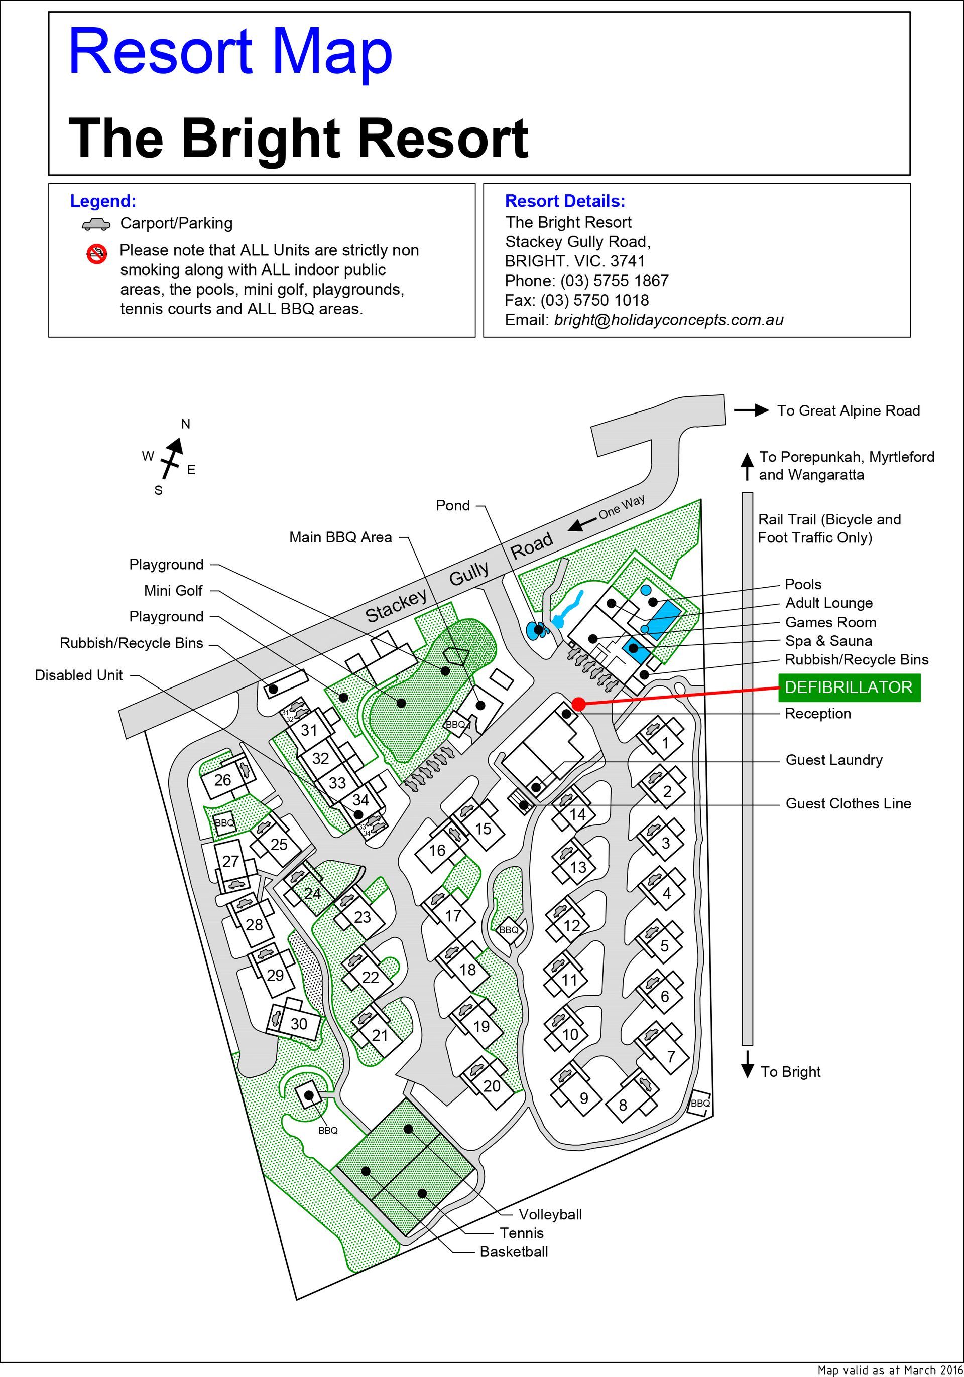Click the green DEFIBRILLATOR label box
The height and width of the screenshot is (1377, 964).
tap(849, 687)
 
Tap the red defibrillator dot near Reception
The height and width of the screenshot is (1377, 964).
tap(578, 704)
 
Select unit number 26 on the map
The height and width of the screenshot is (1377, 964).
tap(222, 780)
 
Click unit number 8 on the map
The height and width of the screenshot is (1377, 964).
tap(623, 1105)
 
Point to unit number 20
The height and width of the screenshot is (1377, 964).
tap(492, 1086)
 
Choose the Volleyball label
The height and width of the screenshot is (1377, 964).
tap(550, 1214)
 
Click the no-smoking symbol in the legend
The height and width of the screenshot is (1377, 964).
tap(96, 254)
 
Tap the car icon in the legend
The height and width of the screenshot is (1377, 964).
tap(96, 224)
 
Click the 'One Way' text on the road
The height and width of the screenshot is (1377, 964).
tap(622, 507)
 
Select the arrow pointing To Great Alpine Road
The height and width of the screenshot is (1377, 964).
tap(752, 410)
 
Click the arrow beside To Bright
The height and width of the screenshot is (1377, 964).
tap(747, 1064)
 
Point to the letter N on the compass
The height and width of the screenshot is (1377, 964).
tap(185, 424)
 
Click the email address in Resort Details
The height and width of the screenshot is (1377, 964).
tap(668, 320)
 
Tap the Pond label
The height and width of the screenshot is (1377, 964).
tap(453, 505)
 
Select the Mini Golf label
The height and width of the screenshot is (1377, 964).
tap(173, 591)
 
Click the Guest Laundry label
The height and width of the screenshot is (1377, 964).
tap(834, 760)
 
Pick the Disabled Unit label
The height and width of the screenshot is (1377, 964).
tap(79, 675)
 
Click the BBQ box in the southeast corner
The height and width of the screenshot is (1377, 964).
tap(700, 1103)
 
